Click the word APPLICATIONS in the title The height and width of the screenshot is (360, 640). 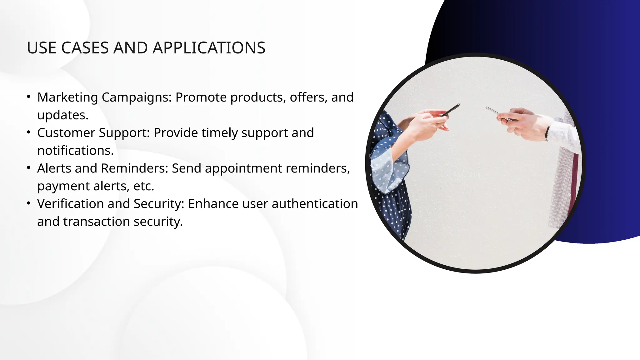point(209,48)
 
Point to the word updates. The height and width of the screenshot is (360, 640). point(63,115)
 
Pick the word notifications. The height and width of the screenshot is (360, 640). point(75,151)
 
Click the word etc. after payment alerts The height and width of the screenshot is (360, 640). point(144,186)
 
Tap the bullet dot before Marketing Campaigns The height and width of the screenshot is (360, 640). point(29,97)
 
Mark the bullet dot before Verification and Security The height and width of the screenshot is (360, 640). point(29,203)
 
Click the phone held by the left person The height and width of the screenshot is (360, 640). point(451,110)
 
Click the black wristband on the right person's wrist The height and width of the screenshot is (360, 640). point(547,133)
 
